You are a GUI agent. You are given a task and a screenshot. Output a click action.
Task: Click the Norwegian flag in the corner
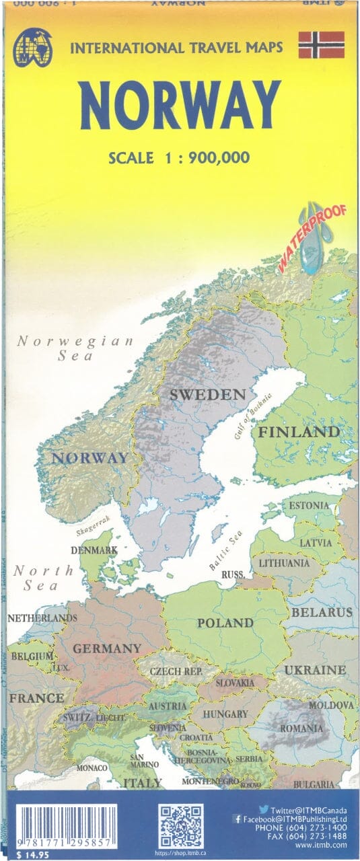pyautogui.click(x=321, y=44)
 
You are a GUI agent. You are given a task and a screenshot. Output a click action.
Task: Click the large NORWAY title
pyautogui.click(x=180, y=106)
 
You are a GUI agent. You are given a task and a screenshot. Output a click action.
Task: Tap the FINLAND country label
pyautogui.click(x=299, y=431)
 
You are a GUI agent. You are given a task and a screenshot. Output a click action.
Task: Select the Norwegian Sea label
pyautogui.click(x=75, y=348)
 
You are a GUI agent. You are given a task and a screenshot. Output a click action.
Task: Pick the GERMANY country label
pyautogui.click(x=107, y=648)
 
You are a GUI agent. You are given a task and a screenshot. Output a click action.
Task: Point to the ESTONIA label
pyautogui.click(x=310, y=504)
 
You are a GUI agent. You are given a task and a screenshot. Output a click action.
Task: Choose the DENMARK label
pyautogui.click(x=95, y=550)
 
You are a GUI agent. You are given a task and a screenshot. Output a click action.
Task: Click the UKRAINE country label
pyautogui.click(x=315, y=670)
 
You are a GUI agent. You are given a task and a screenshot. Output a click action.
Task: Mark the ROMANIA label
pyautogui.click(x=302, y=728)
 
